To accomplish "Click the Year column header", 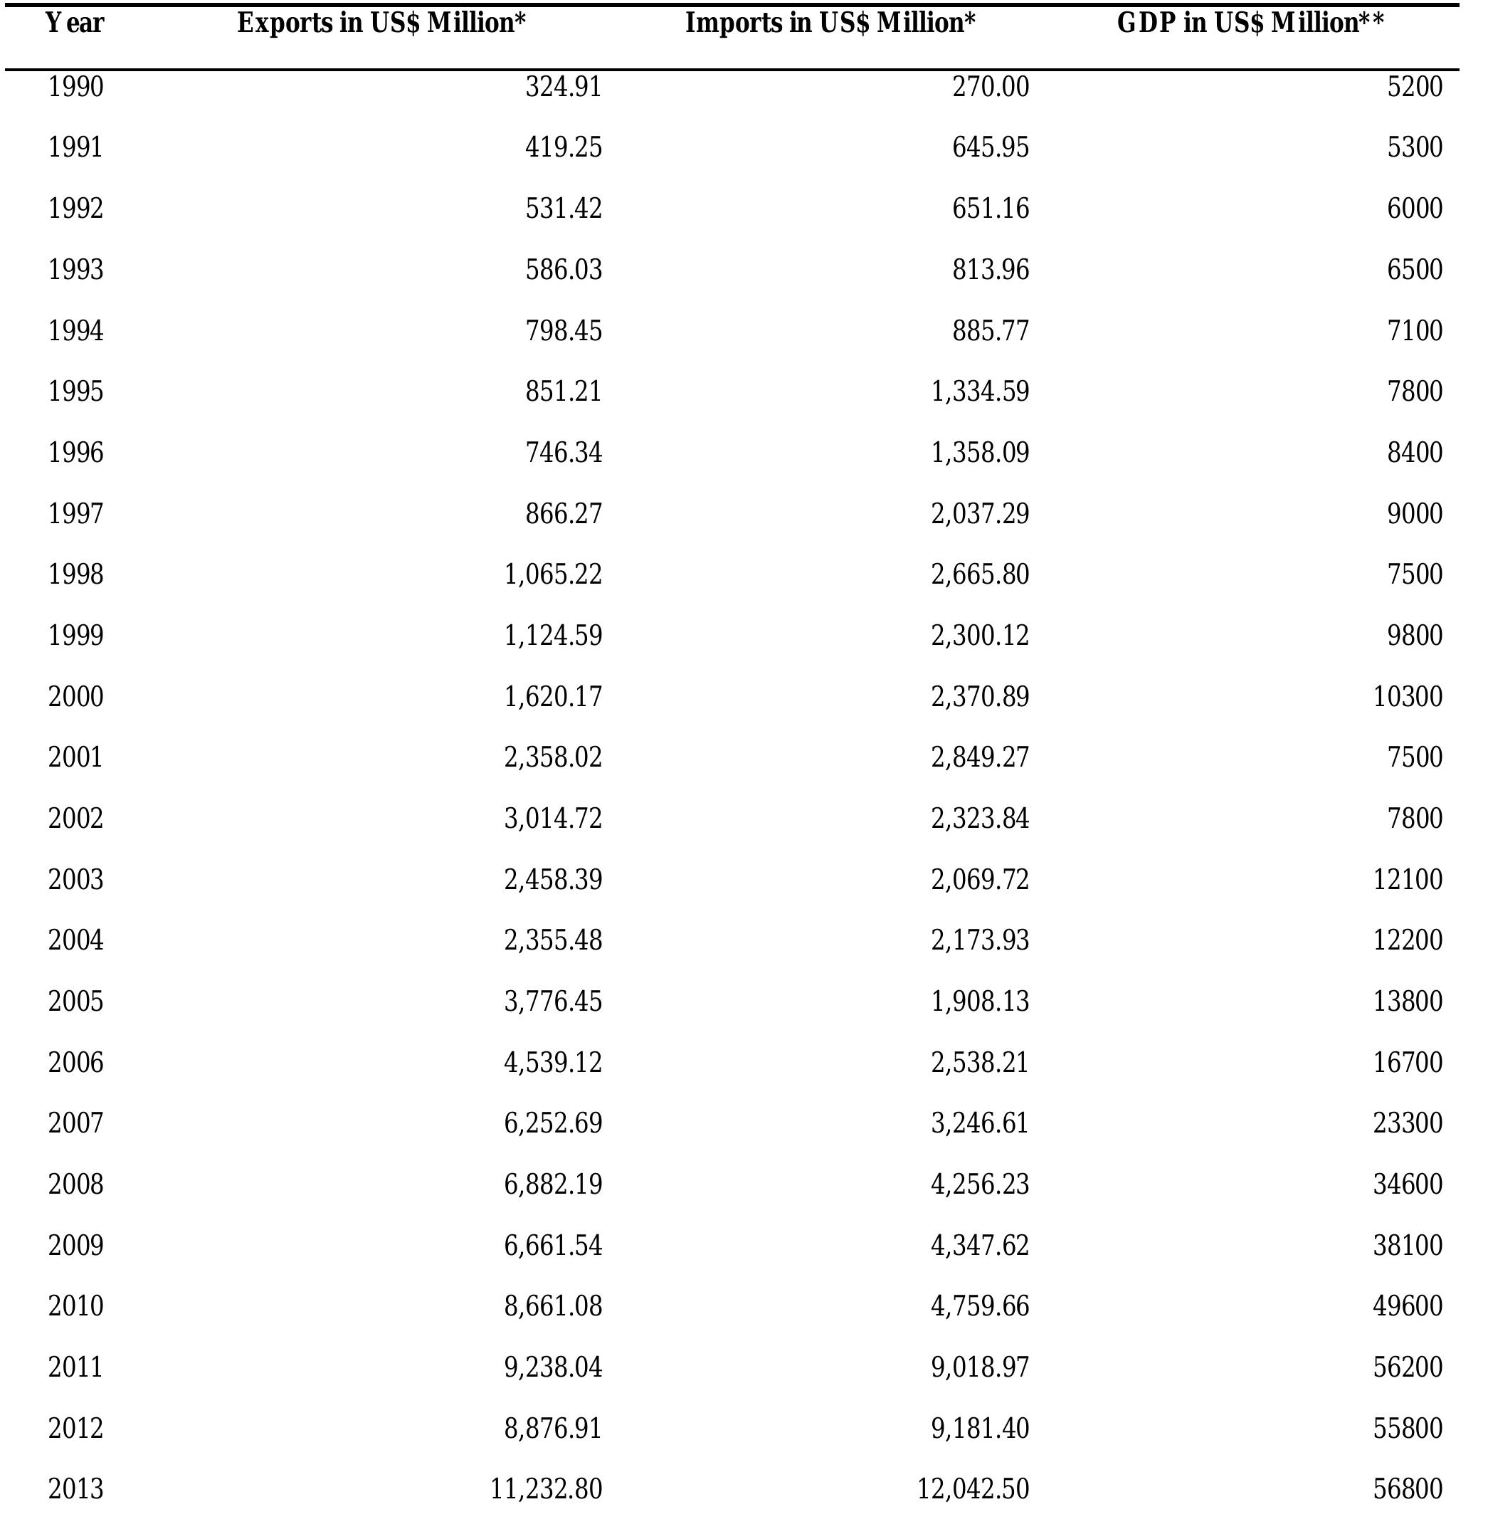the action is tap(75, 23).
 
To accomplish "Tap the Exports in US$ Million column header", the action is tap(381, 23).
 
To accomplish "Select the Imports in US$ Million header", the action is tap(830, 23).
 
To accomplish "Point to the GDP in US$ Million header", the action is tap(1250, 23).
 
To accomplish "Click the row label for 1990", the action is tap(76, 86).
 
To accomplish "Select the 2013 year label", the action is tap(76, 1489).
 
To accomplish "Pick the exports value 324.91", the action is tap(564, 86).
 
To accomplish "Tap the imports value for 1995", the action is tap(980, 391).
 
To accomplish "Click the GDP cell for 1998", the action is tap(1415, 574).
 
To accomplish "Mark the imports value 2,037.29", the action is tap(980, 513).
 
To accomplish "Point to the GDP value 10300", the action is tap(1408, 695).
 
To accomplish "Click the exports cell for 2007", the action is tap(554, 1123).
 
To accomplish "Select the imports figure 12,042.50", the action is tap(973, 1489).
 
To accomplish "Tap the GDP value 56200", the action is tap(1408, 1367).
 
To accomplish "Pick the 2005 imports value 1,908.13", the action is tap(980, 1000).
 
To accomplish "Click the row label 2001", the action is tap(76, 757).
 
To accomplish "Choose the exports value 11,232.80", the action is tap(547, 1489).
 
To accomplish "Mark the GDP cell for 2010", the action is tap(1408, 1306).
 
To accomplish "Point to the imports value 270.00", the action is tap(990, 86).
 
